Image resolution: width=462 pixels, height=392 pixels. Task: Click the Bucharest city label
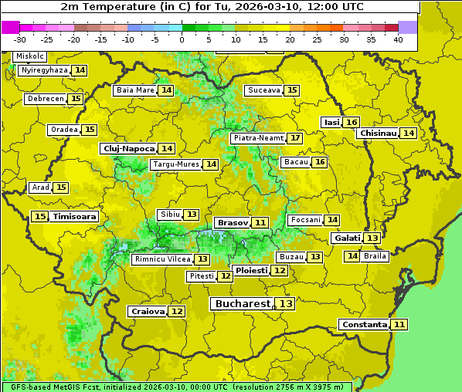click(243, 304)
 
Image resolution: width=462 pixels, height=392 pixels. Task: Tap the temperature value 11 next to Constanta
click(399, 325)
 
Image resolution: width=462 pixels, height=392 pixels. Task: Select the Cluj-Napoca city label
click(128, 148)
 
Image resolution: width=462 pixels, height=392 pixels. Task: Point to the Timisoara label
click(75, 217)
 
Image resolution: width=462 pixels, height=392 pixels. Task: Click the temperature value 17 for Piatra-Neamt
click(295, 138)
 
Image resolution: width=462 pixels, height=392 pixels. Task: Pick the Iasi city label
click(331, 122)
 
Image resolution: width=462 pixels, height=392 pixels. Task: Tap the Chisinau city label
click(378, 133)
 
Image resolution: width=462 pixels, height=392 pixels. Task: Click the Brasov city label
click(233, 222)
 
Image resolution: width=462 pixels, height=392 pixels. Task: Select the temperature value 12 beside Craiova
click(177, 311)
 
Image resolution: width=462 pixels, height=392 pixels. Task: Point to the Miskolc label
click(30, 56)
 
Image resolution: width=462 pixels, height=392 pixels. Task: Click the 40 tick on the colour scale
click(398, 39)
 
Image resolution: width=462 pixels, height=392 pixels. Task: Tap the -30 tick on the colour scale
click(20, 39)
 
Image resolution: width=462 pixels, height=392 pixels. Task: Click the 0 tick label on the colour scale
click(182, 39)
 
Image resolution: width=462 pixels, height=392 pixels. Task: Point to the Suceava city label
click(263, 90)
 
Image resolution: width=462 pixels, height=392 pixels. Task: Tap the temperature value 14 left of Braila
click(352, 256)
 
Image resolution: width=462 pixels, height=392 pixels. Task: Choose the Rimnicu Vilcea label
click(161, 259)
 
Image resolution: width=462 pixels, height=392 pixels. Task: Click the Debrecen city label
click(45, 99)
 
